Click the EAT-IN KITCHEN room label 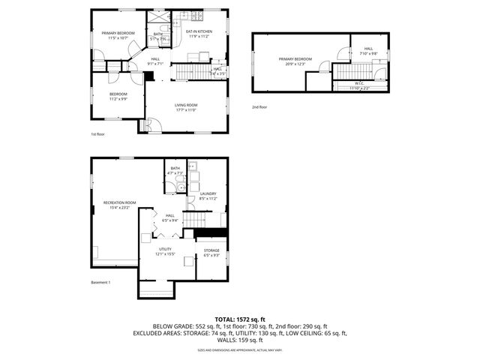point(199,31)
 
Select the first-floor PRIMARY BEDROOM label point(118,33)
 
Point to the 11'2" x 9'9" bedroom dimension point(118,98)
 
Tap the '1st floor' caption point(98,135)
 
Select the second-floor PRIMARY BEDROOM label point(295,58)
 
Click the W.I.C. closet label point(360,84)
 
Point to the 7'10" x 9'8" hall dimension point(368,53)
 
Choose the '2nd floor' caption point(259,107)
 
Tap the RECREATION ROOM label point(119,202)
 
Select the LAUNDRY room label point(208,193)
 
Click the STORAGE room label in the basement point(211,250)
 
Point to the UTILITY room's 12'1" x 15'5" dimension point(165,254)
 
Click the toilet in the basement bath point(181,187)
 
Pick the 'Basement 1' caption point(100,282)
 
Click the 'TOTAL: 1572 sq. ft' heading point(239,319)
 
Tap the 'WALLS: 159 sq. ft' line point(239,340)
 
